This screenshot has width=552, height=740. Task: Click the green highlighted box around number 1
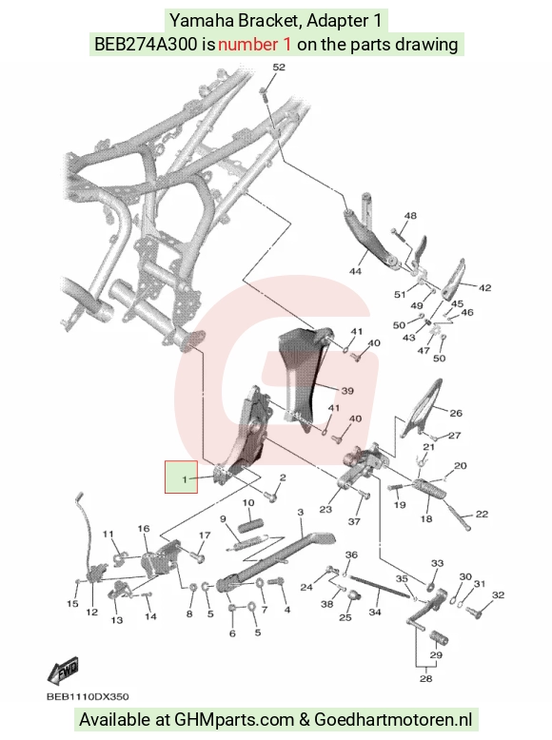coord(181,477)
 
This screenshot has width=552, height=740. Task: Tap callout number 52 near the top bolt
coord(279,67)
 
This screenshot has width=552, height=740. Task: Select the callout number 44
coord(355,271)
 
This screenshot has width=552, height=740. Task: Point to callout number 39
coord(347,391)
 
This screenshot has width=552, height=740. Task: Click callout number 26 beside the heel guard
coord(456,413)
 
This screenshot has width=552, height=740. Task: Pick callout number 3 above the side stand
coord(301,512)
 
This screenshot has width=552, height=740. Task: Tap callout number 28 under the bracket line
coord(426,678)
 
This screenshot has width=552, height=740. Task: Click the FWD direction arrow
coord(63,671)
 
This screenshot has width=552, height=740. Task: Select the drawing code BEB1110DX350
coord(88,696)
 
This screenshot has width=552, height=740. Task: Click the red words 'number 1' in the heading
coord(254,45)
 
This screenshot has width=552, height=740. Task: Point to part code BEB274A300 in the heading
coord(146,45)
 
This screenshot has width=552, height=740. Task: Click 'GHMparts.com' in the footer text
coord(234,720)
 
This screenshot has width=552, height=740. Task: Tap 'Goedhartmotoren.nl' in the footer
coord(393,720)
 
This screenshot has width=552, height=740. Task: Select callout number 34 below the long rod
coord(375,613)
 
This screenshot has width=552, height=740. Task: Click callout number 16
coord(144,529)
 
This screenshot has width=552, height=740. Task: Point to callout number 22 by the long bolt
coord(482,514)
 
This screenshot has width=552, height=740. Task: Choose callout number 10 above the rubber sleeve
coord(248,503)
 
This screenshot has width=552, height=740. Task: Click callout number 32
coord(498,595)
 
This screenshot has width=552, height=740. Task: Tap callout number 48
coord(410,216)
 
